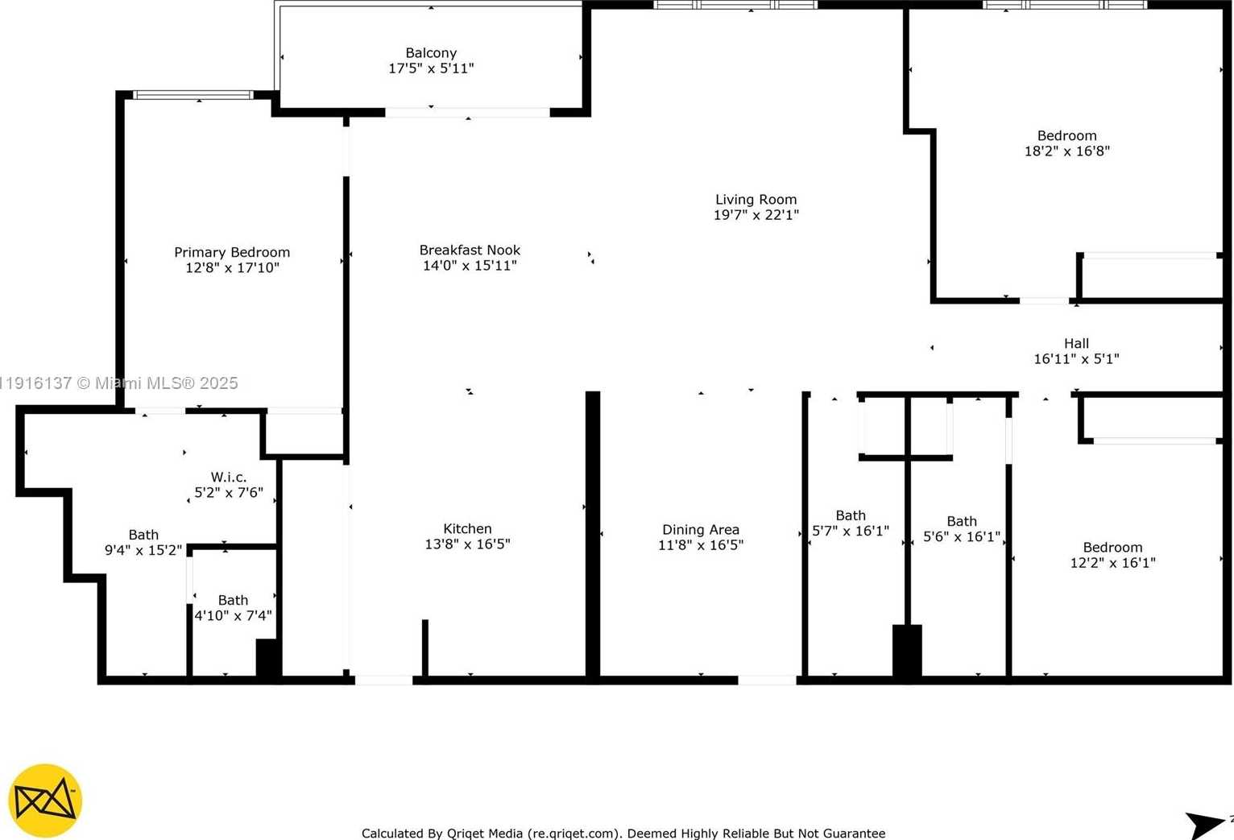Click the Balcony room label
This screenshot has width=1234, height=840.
(431, 53)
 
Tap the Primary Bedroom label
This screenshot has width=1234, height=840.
(232, 252)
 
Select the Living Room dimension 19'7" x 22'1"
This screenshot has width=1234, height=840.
(756, 215)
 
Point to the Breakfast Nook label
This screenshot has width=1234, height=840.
(470, 250)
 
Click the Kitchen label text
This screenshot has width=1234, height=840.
(467, 528)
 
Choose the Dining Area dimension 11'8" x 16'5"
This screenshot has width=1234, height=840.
(700, 544)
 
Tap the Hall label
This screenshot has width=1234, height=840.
(1076, 343)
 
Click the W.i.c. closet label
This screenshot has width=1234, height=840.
(229, 477)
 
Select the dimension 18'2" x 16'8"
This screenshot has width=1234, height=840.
(1066, 151)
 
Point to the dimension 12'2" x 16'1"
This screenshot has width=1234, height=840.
(1112, 563)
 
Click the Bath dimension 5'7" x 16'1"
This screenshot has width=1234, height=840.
(851, 531)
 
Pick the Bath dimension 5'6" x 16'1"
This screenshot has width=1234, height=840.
(961, 536)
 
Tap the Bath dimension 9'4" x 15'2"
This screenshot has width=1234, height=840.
(143, 550)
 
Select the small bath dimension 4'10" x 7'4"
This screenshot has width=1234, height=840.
(233, 615)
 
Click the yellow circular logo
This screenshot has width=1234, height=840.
(45, 801)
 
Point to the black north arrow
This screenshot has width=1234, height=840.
(1205, 824)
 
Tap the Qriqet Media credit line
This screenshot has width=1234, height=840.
(623, 834)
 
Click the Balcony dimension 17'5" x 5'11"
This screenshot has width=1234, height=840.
(431, 68)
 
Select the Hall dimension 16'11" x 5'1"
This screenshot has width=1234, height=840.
(1076, 358)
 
